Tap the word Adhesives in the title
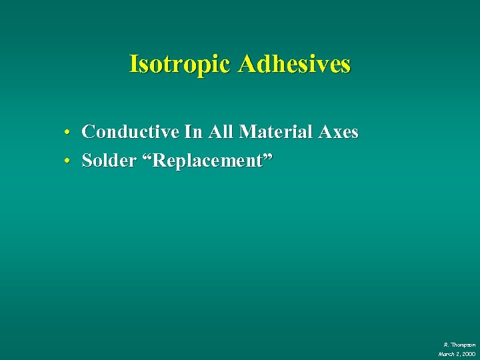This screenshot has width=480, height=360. [x=294, y=64]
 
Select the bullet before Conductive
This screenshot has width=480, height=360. [x=69, y=133]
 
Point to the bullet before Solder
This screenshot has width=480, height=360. [x=69, y=162]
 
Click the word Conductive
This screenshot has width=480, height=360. [x=131, y=132]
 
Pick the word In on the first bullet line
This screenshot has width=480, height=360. [x=193, y=132]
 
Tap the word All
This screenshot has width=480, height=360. [x=221, y=132]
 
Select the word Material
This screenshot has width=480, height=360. [x=276, y=132]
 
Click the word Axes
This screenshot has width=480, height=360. [x=339, y=132]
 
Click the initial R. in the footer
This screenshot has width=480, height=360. [x=445, y=344]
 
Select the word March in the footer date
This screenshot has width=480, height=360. [x=446, y=353]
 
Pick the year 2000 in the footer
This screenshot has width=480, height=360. [x=469, y=353]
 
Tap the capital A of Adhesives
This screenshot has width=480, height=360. [x=246, y=64]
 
